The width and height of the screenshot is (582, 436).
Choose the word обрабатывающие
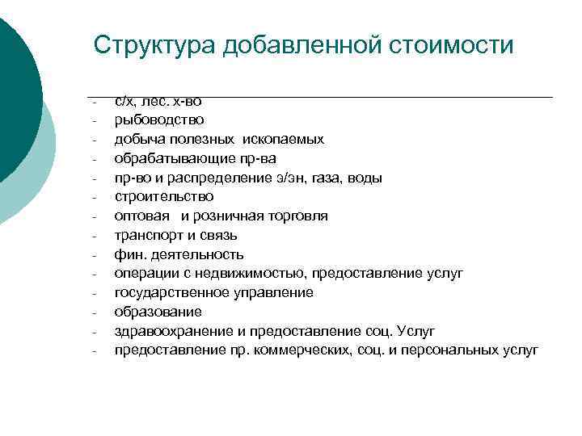167,158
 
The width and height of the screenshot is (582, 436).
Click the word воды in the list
366,178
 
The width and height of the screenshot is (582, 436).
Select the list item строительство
164,196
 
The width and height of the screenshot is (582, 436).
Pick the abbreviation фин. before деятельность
129,254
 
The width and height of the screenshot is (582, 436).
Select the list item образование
158,312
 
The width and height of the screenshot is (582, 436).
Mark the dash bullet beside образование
95,312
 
